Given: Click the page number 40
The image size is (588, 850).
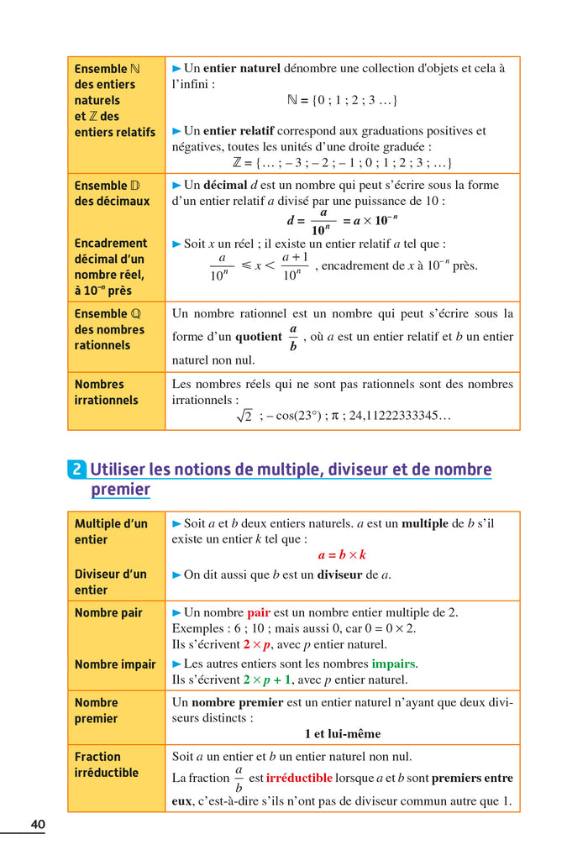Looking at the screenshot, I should pos(38,825).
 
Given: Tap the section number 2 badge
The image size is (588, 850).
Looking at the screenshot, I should pos(76,470).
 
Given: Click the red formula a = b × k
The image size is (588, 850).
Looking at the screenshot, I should pos(342,555).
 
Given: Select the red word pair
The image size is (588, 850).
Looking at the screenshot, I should pos(259,612).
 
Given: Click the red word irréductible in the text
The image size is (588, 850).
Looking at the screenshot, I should pos(299,778).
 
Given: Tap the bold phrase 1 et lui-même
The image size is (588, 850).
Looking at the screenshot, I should pos(342,733).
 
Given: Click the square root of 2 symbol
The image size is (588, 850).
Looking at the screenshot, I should pos(244,416).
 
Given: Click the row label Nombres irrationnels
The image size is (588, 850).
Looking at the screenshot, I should pos(106,392).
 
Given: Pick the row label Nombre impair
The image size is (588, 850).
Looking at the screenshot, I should pos(115,664).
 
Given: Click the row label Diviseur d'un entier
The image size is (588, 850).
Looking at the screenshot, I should pos(110,582).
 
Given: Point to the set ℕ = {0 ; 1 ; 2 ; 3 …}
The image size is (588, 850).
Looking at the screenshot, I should pos(342,100).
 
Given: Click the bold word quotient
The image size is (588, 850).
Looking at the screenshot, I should pos(259,337).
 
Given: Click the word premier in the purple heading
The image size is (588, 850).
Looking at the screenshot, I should pos(120,490).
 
